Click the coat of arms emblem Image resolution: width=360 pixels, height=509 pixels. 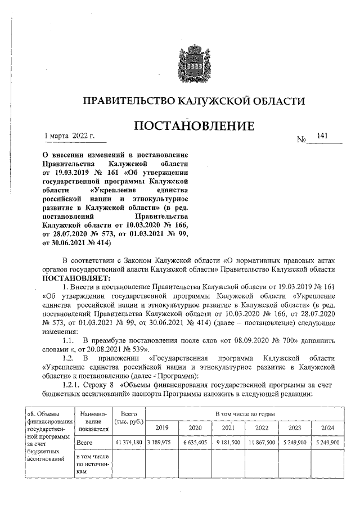click(x=193, y=60)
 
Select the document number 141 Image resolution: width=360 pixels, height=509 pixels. click(x=322, y=136)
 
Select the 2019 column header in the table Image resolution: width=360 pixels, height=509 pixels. click(x=161, y=428)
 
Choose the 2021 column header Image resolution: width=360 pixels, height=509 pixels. click(x=227, y=428)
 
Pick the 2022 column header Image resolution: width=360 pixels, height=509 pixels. click(x=261, y=428)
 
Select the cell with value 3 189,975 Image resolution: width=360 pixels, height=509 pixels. click(x=161, y=443)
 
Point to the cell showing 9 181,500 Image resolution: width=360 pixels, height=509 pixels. click(x=227, y=443)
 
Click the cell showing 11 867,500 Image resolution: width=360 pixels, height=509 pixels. click(x=261, y=443)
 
